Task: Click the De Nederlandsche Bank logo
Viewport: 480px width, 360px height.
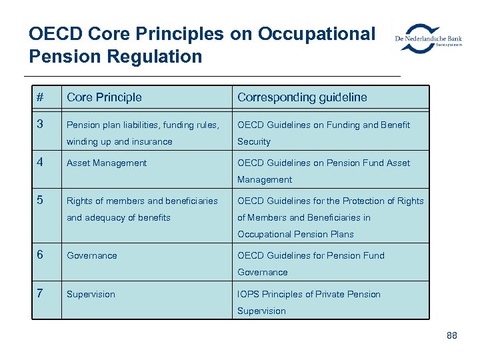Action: pos(428,39)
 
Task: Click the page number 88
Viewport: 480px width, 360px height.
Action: pos(452,335)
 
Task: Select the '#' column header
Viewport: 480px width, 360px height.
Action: pos(40,97)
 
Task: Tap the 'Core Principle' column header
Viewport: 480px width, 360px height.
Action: pos(104,97)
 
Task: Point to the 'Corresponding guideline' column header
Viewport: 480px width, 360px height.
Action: pos(302,97)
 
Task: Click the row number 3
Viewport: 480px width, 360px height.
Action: pos(40,125)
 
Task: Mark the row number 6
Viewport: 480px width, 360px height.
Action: pos(40,255)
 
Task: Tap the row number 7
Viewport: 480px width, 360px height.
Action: pos(40,294)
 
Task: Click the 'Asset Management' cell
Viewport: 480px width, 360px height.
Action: pos(107,163)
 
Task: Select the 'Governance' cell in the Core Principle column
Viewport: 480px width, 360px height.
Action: pos(92,255)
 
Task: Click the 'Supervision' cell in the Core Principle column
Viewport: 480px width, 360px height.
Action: pos(91,294)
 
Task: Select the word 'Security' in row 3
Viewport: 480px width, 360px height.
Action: pos(254,141)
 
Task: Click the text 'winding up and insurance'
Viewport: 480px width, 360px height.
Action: pos(119,141)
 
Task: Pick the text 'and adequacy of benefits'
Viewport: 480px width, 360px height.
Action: pos(119,217)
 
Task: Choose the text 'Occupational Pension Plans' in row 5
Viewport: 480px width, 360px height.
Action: pos(295,234)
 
